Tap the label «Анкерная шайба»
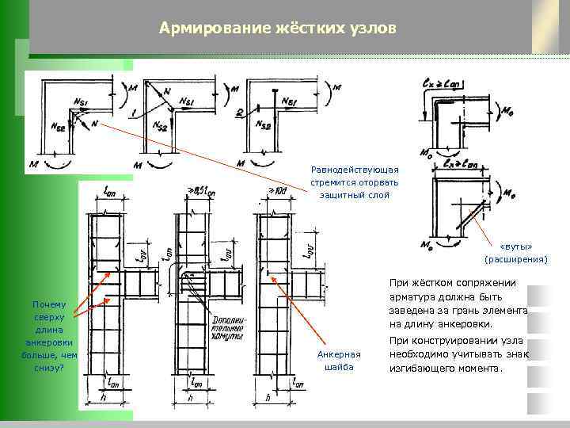338,361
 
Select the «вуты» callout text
515,246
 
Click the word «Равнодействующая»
355,170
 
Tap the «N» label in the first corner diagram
94,124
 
